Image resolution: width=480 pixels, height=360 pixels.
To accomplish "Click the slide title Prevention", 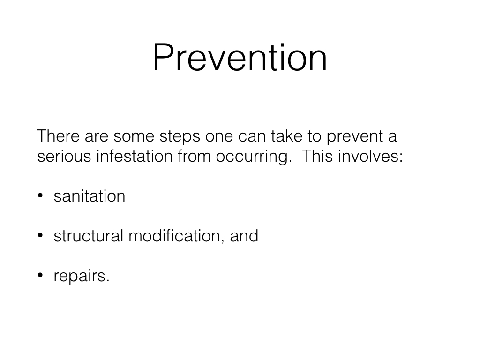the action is click(240, 58).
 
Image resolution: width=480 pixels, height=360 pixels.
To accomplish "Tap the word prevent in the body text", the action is click(355, 136).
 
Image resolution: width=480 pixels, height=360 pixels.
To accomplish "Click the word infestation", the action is click(135, 156).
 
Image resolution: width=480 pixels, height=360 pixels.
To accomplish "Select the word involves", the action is click(370, 156).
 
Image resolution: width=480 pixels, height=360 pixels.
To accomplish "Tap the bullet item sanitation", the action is click(90, 196).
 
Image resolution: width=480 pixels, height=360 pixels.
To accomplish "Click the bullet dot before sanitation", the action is click(40, 195).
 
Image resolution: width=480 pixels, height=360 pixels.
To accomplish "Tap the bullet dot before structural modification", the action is click(40, 235).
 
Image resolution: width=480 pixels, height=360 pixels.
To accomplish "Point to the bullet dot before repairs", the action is click(40, 275).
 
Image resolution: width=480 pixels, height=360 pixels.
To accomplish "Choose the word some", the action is click(134, 136).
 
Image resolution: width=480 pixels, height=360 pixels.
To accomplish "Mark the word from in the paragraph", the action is click(194, 156).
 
